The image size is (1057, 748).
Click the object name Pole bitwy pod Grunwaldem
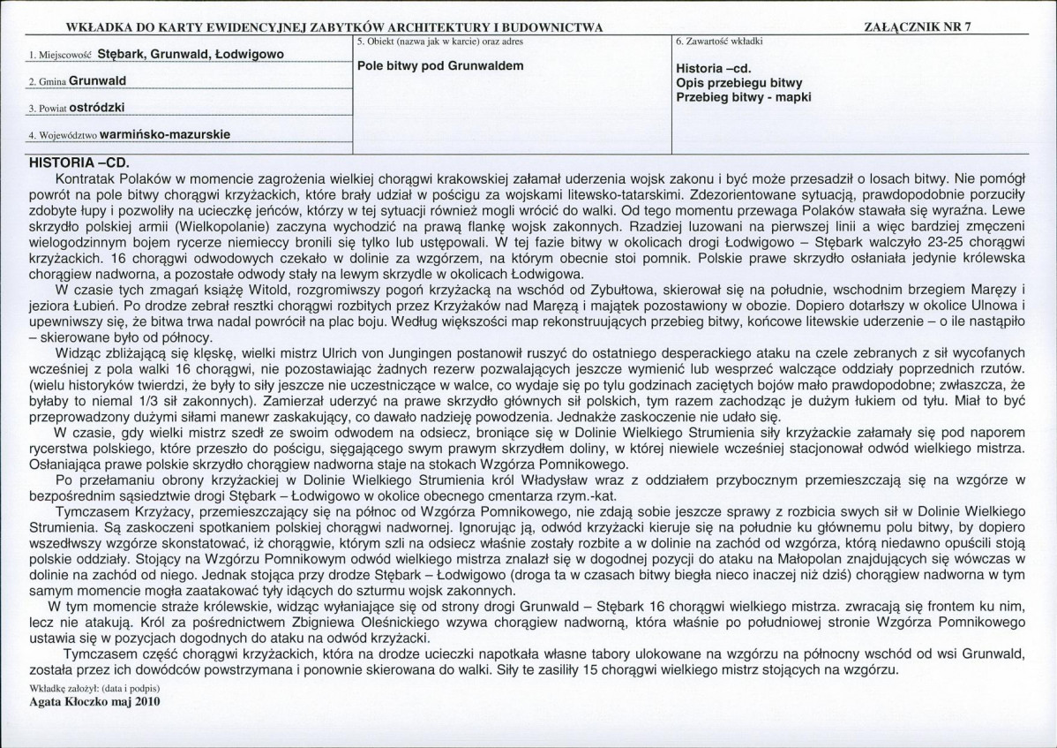(x=440, y=66)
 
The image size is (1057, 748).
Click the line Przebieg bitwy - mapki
(x=743, y=97)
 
